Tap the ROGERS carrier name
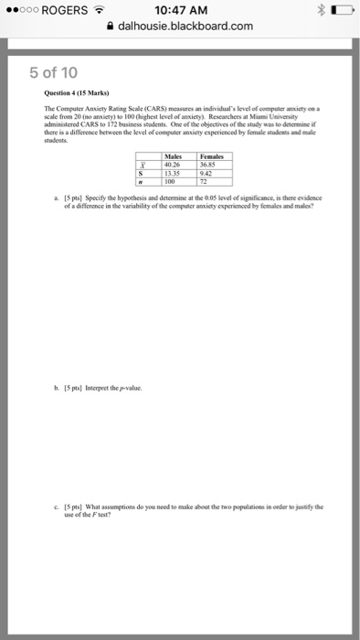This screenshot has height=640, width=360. tap(63, 11)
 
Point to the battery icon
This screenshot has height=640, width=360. tap(340, 11)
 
